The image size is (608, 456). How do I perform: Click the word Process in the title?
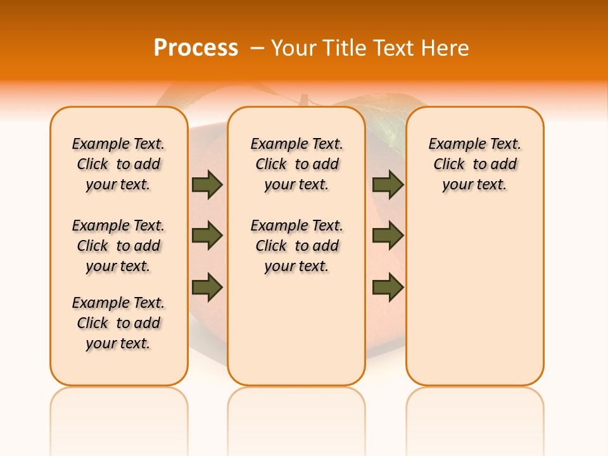coord(196,47)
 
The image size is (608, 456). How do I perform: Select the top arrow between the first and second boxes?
coord(207,184)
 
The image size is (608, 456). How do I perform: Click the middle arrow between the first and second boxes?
coord(207,236)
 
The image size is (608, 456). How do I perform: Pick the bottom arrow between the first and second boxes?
coord(207,287)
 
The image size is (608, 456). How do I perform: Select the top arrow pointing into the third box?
coord(388,184)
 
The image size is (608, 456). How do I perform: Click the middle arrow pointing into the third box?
coord(388,236)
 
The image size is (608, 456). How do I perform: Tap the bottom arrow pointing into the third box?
coord(388,287)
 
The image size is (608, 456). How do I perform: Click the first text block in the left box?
coord(118,164)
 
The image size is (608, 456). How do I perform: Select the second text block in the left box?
coord(118,246)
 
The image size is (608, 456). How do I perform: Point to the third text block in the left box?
coord(118,323)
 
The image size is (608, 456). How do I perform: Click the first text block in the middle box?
coord(296,164)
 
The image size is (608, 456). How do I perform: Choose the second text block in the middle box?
coord(296,246)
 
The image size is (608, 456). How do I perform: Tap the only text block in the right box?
coord(474,164)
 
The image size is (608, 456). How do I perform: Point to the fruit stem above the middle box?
coord(304,100)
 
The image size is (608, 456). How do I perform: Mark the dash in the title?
coord(257,47)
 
